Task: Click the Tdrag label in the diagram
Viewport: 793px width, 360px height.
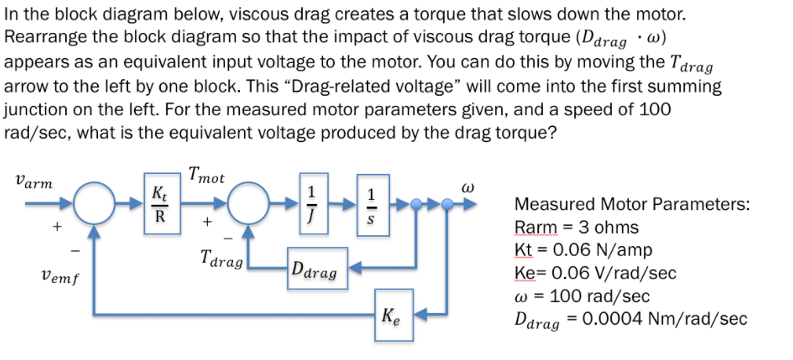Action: click(x=221, y=258)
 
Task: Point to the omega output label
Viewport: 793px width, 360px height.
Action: click(x=469, y=188)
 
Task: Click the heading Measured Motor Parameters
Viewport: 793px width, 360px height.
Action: click(x=631, y=205)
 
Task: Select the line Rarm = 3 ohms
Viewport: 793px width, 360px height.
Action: click(x=576, y=227)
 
